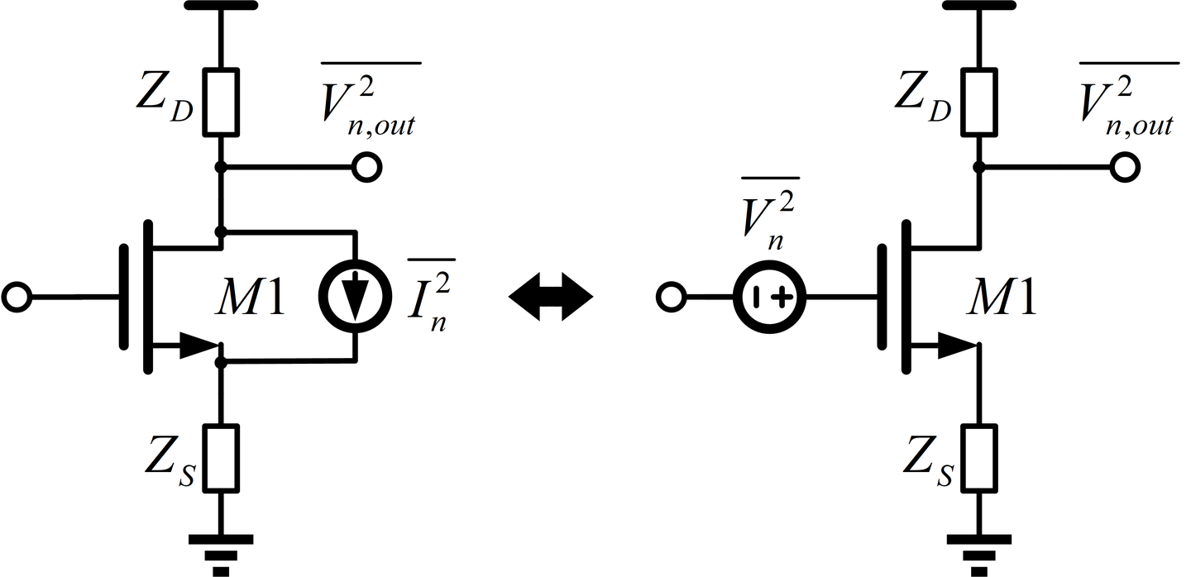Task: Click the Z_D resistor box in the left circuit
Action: pos(221,101)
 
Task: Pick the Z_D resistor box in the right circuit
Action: pos(978,101)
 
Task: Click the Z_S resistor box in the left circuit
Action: pos(221,457)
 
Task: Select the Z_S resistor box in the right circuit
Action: pos(978,457)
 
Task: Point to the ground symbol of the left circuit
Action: pos(221,549)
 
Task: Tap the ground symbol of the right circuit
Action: pos(978,549)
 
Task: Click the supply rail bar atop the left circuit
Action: pos(221,5)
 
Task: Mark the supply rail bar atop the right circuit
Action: pos(978,5)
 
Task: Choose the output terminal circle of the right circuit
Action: pos(1124,168)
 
